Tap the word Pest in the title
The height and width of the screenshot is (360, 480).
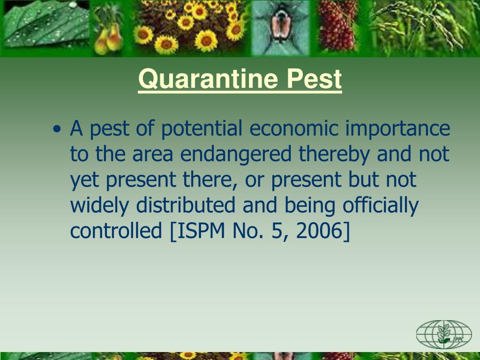click(315, 79)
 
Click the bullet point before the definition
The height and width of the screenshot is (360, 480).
click(57, 129)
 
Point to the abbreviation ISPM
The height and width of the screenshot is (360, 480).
click(197, 231)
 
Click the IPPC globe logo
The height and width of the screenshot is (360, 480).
click(443, 334)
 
